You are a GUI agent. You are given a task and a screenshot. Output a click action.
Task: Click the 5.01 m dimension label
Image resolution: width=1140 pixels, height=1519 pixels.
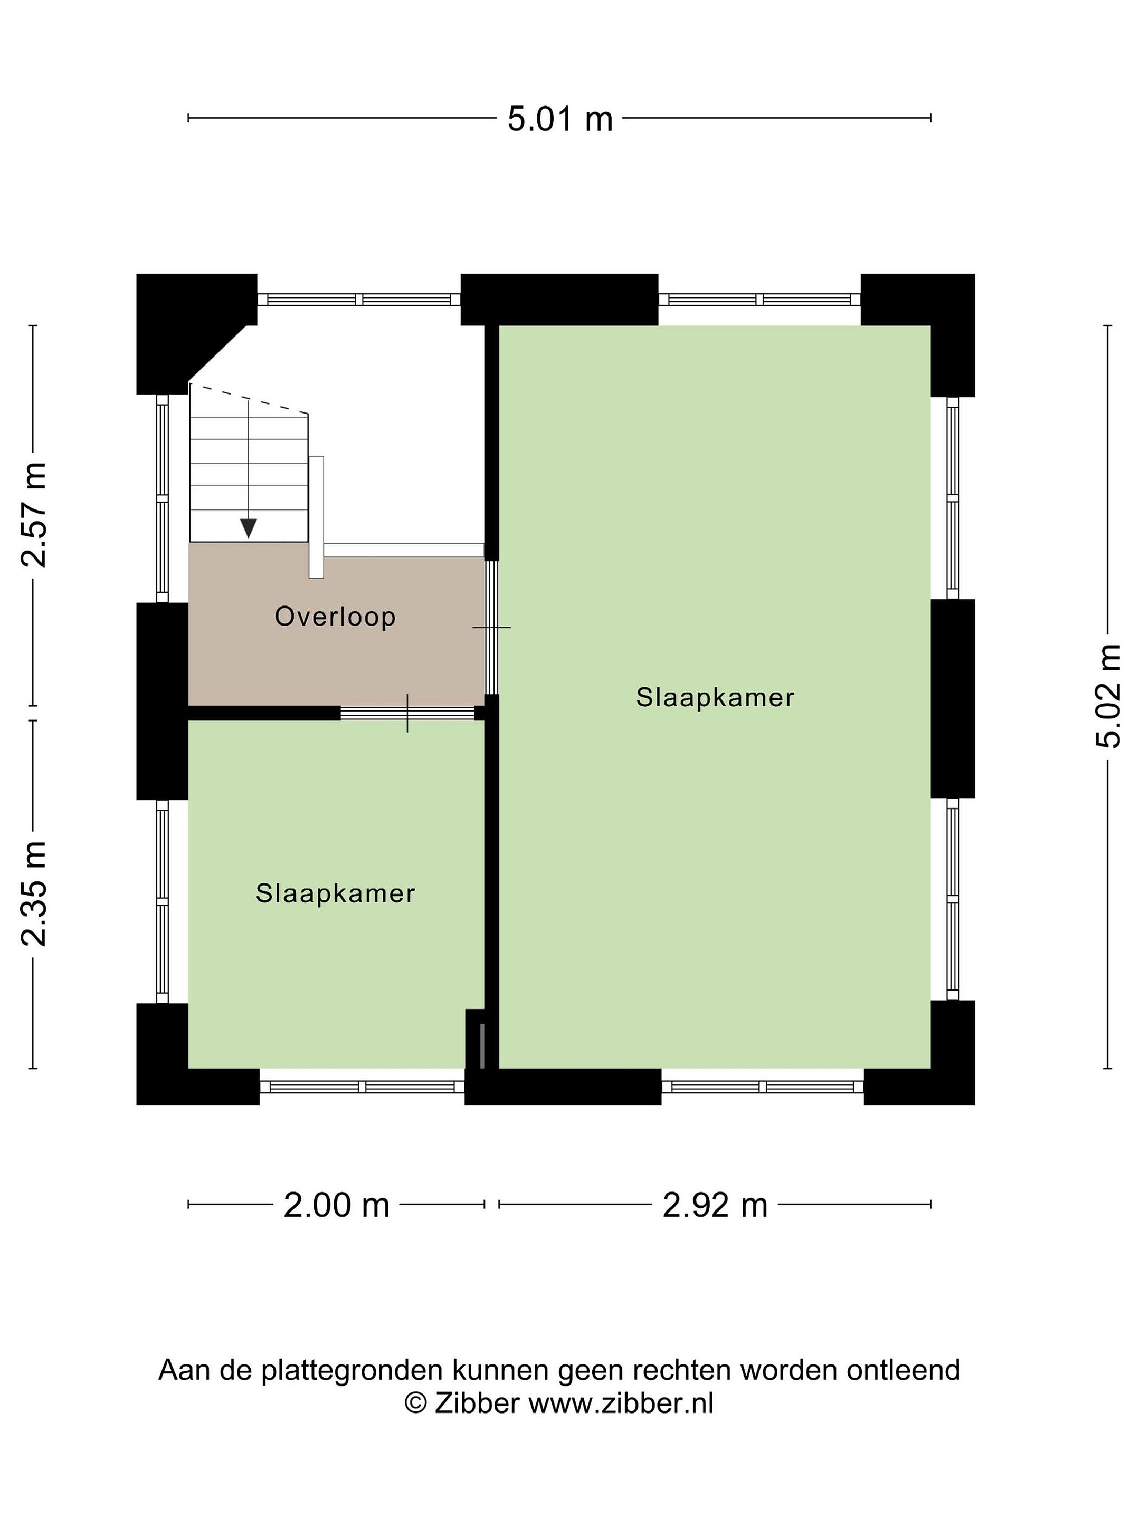[x=559, y=119]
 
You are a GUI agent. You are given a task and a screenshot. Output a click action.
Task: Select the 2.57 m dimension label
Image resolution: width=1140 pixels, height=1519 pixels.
[x=34, y=514]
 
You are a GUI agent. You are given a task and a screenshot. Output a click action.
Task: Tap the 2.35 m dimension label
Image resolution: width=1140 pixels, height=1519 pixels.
[x=34, y=893]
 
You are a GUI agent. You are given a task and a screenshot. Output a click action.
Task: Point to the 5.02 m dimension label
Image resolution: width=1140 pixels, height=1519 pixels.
[x=1108, y=696]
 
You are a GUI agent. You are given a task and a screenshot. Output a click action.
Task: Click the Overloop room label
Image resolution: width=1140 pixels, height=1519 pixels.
[x=335, y=617]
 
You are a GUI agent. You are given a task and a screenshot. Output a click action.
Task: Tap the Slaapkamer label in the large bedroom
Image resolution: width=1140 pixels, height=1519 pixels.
[x=715, y=698]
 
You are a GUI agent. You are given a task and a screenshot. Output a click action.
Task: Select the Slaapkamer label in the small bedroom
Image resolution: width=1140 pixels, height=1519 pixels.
[x=335, y=893]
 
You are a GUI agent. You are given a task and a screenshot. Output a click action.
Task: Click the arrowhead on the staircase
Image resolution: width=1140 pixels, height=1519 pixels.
[x=248, y=528]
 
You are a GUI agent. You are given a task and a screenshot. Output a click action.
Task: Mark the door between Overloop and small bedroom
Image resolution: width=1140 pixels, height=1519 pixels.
[x=407, y=714]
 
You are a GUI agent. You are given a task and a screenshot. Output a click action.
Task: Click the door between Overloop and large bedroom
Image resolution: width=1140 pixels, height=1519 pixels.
[x=491, y=628]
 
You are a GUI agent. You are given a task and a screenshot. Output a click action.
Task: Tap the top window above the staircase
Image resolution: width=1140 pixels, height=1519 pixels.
[x=359, y=300]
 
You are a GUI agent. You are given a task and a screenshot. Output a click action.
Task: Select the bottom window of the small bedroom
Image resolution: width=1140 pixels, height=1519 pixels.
[x=362, y=1087]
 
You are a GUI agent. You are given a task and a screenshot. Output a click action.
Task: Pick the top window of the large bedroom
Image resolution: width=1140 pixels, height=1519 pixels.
[x=759, y=300]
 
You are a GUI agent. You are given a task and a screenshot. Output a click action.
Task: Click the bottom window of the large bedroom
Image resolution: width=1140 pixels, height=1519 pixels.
[x=763, y=1087]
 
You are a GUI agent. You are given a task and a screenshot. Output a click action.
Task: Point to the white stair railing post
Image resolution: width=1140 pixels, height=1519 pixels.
[x=316, y=517]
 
